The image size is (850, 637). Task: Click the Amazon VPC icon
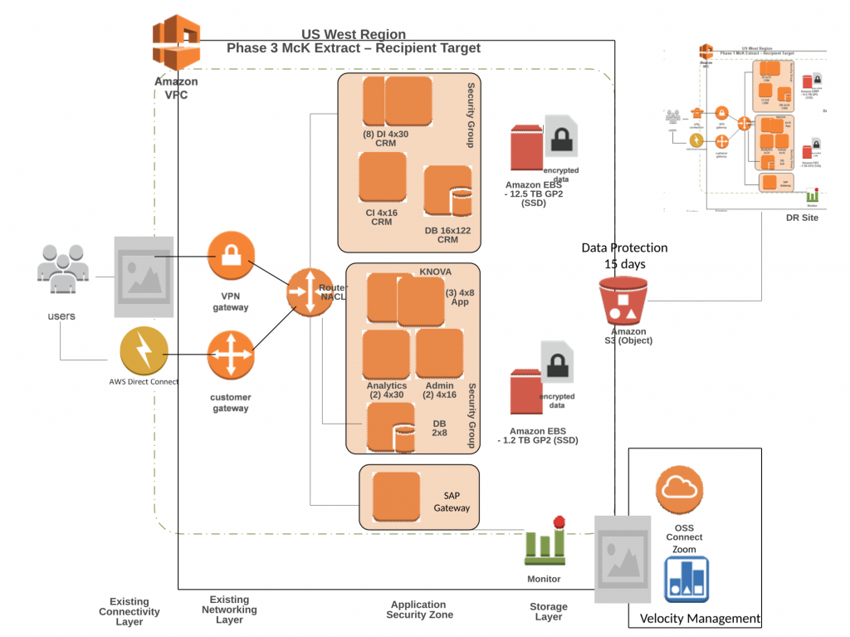(x=177, y=43)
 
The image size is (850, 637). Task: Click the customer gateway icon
(x=231, y=355)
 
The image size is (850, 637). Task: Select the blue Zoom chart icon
(x=686, y=579)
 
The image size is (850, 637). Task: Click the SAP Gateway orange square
(x=397, y=496)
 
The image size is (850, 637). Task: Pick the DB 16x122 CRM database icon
(x=447, y=194)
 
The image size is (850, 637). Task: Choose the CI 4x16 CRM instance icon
(x=382, y=178)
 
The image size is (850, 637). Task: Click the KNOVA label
(x=436, y=272)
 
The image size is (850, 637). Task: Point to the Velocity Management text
(x=700, y=618)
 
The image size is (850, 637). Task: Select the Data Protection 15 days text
(x=623, y=256)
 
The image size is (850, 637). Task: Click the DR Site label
(x=802, y=218)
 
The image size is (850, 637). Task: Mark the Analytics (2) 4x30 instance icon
(x=386, y=355)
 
